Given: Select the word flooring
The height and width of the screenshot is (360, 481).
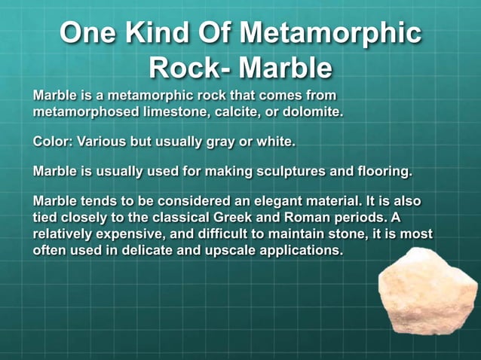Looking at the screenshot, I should point(381,172).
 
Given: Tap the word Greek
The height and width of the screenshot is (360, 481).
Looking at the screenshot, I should point(258,218).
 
